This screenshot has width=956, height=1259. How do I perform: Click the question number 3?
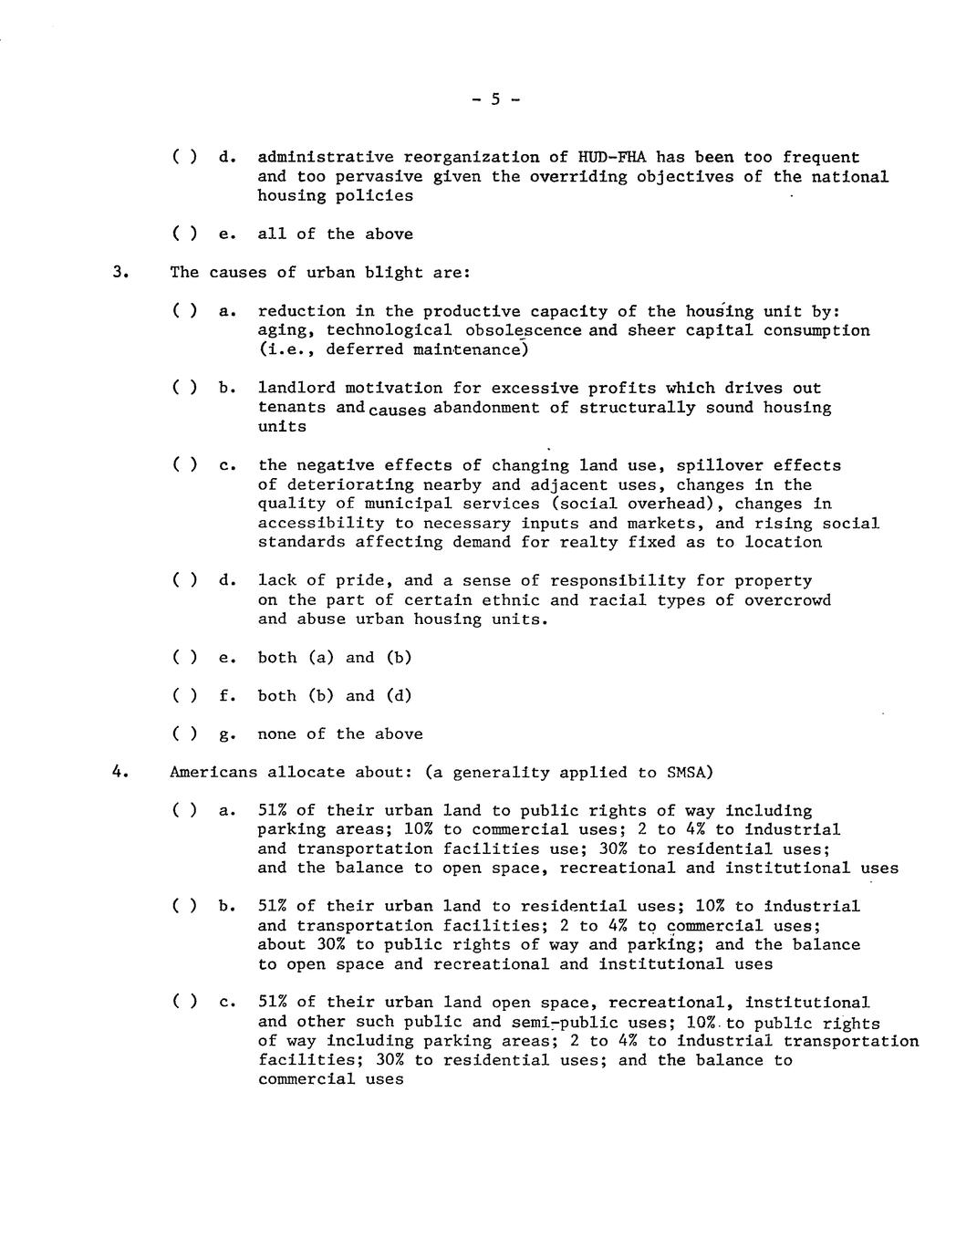pyautogui.click(x=118, y=273)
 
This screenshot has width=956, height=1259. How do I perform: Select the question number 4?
pyautogui.click(x=118, y=772)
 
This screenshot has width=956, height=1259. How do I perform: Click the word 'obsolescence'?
pyautogui.click(x=522, y=330)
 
